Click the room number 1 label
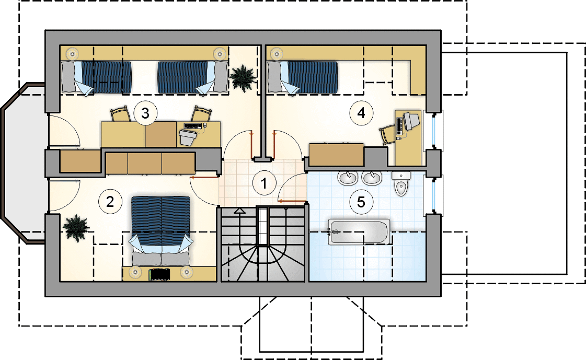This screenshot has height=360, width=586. pos(264,183)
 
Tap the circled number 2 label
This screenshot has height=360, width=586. pos(110,202)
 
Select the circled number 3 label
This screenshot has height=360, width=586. pos(145,113)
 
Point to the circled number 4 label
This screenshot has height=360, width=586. pos(361,113)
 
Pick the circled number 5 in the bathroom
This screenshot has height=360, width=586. pos(361,202)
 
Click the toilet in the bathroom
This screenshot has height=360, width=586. pos(400,184)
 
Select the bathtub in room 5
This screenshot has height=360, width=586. pos(359,232)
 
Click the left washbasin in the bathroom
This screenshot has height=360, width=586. pos(348,178)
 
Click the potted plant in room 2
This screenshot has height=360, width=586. pos(76,228)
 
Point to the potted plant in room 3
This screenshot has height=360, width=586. pos(243,78)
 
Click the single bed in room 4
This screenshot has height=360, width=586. pos(303,77)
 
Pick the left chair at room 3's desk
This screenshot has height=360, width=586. pos(120,114)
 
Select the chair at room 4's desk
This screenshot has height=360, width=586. pos(387,134)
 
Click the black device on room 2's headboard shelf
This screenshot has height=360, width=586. pos(159,274)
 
